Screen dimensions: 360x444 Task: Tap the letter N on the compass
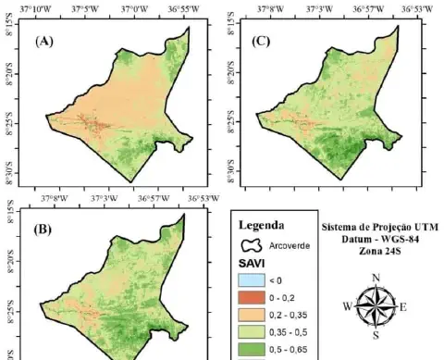point(375,277)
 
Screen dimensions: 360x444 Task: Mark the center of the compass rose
point(375,306)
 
